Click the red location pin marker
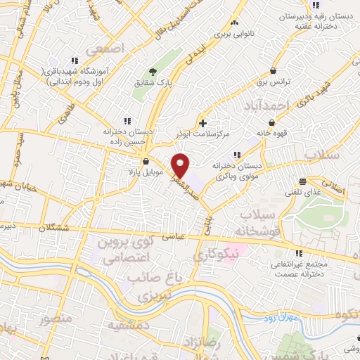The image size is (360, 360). [181, 165]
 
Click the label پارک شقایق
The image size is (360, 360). [153, 84]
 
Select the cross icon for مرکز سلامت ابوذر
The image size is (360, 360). [203, 122]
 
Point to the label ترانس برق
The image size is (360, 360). [288, 82]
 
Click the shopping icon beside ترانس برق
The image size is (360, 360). [272, 71]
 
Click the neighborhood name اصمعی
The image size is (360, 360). [103, 50]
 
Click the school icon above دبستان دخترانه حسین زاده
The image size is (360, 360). [127, 120]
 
